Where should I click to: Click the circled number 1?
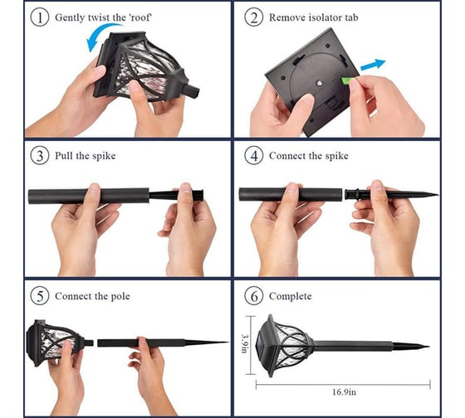click(x=40, y=17)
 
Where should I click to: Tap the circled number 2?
click(x=254, y=17)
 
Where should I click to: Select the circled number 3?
click(x=40, y=156)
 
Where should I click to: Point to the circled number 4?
click(x=254, y=156)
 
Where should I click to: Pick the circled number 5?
click(x=40, y=296)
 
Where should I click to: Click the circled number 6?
click(x=254, y=296)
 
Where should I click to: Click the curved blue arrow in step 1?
click(x=100, y=33)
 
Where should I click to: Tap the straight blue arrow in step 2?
click(x=373, y=66)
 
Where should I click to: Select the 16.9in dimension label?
click(x=344, y=392)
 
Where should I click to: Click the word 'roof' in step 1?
click(x=140, y=17)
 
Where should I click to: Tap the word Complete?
click(x=291, y=296)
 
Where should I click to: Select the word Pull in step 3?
click(x=64, y=156)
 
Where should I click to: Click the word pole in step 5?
click(x=120, y=297)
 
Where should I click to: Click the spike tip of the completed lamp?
click(x=428, y=347)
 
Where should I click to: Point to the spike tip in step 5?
click(x=228, y=343)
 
